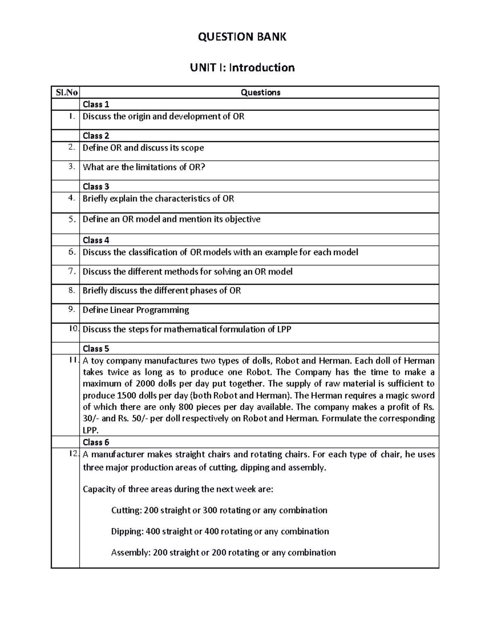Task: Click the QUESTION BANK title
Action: pyautogui.click(x=242, y=37)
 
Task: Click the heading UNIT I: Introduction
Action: pyautogui.click(x=242, y=67)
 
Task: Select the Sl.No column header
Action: pyautogui.click(x=65, y=92)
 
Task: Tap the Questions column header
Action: pyautogui.click(x=260, y=92)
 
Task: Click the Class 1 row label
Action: pyautogui.click(x=96, y=104)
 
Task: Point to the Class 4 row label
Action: pyautogui.click(x=96, y=240)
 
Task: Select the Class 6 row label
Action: pyautogui.click(x=96, y=442)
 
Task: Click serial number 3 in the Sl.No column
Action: pyautogui.click(x=72, y=166)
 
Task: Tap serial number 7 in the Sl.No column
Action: pyautogui.click(x=72, y=271)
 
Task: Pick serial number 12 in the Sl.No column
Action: pyautogui.click(x=73, y=454)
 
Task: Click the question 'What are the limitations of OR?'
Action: pyautogui.click(x=144, y=167)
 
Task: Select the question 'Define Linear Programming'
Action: pyautogui.click(x=136, y=310)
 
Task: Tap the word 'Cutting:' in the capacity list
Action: pyautogui.click(x=126, y=510)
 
